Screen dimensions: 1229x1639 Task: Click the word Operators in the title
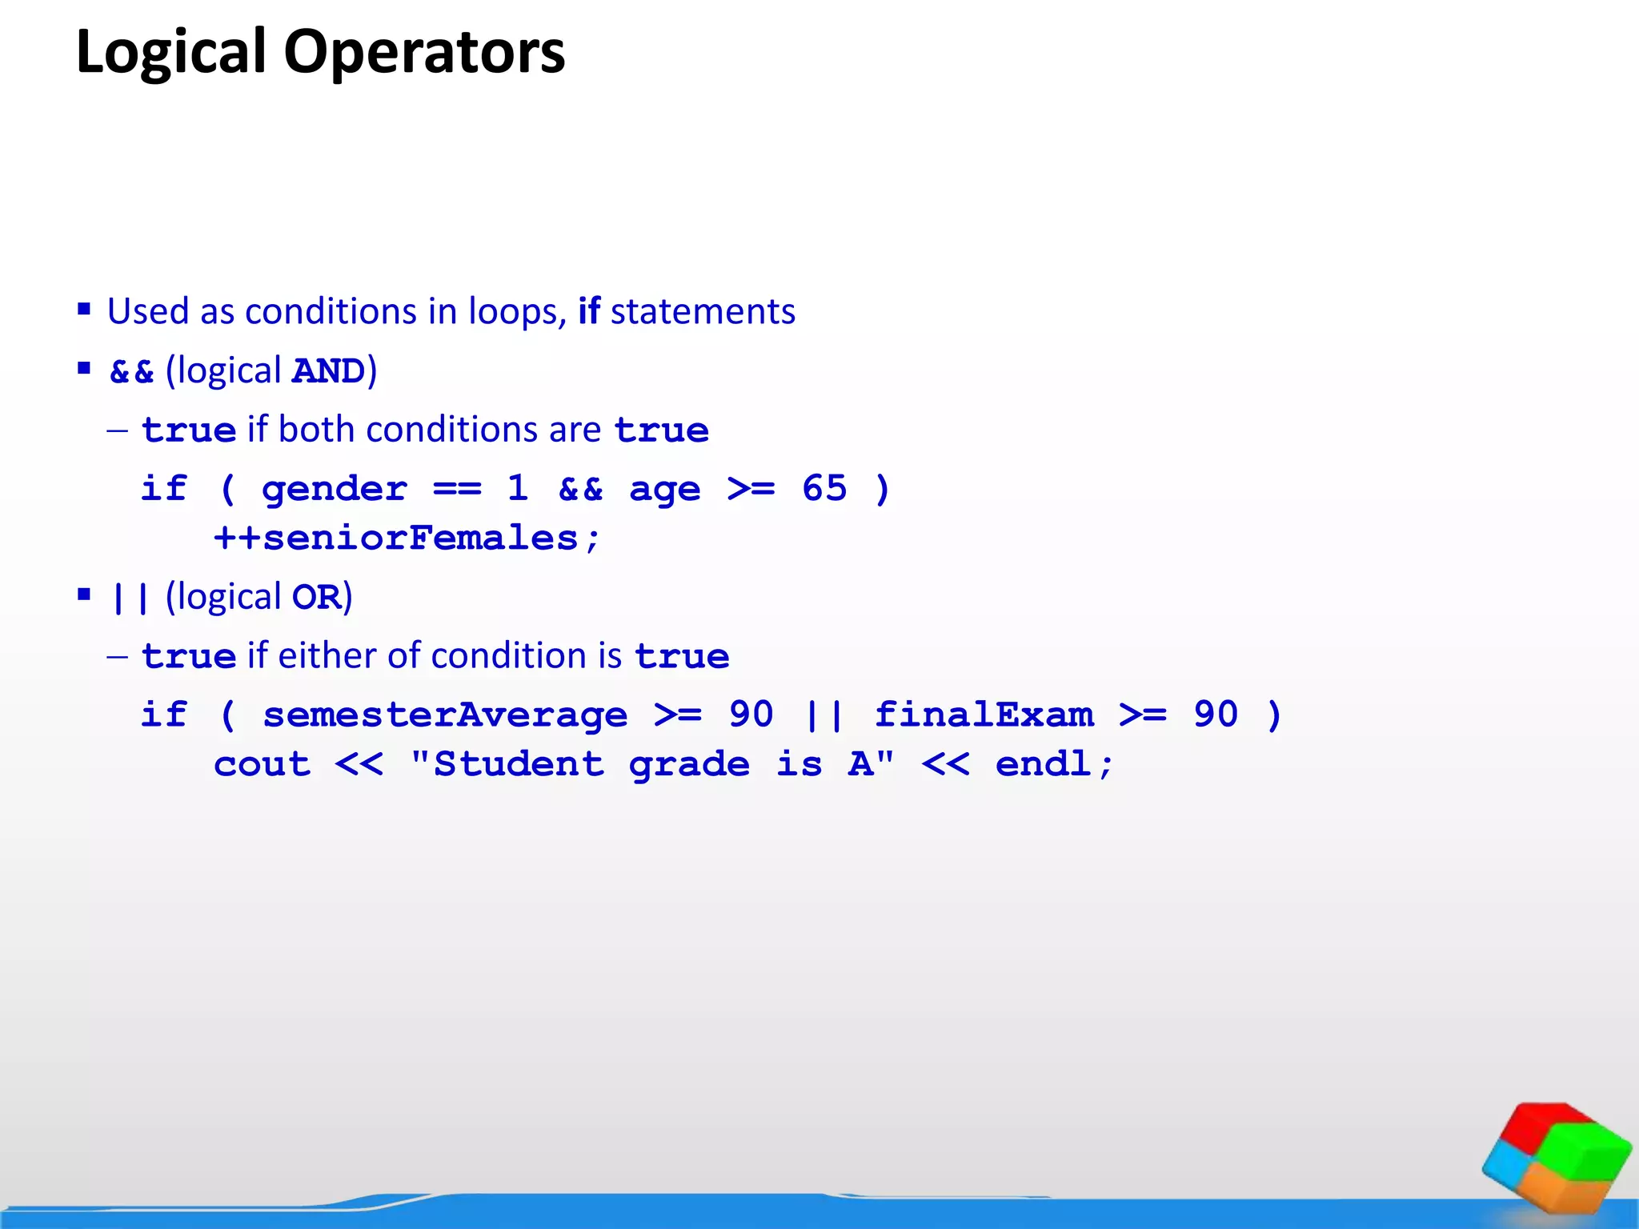pyautogui.click(x=424, y=53)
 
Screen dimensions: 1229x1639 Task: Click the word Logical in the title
pyautogui.click(x=170, y=53)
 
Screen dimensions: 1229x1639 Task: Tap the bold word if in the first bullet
pyautogui.click(x=589, y=311)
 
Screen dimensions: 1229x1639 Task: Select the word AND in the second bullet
pyautogui.click(x=328, y=371)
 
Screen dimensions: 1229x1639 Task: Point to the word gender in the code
pyautogui.click(x=334, y=489)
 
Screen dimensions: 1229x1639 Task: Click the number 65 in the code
pyautogui.click(x=824, y=488)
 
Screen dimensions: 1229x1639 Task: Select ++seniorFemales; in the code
pyautogui.click(x=407, y=538)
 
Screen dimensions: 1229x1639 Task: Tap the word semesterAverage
pyautogui.click(x=445, y=715)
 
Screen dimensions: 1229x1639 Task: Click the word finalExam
pyautogui.click(x=984, y=715)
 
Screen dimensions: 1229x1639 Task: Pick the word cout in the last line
pyautogui.click(x=262, y=765)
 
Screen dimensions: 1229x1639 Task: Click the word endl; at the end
pyautogui.click(x=1054, y=764)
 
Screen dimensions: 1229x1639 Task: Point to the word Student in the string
pyautogui.click(x=518, y=765)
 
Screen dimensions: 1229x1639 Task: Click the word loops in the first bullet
pyautogui.click(x=512, y=311)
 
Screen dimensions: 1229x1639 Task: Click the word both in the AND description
pyautogui.click(x=318, y=430)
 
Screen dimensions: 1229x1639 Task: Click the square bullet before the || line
pyautogui.click(x=84, y=594)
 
